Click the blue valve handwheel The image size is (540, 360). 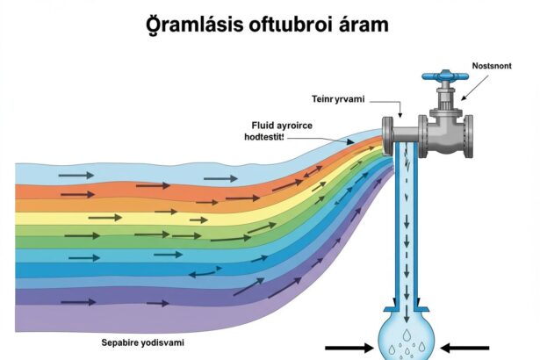(445, 76)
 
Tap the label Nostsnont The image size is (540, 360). (492, 66)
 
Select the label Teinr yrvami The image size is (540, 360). (338, 99)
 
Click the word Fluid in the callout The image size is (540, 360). (263, 125)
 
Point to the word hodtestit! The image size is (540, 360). (264, 137)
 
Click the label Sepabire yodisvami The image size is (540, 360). (142, 342)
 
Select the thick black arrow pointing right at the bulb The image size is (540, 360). (349, 348)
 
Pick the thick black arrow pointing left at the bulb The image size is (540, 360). (464, 348)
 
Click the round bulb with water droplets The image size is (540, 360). (407, 341)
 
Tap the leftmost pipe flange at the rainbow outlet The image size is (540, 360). (387, 136)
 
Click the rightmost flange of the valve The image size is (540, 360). (468, 136)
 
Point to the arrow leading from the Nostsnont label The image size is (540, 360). (474, 88)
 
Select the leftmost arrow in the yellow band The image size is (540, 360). (105, 218)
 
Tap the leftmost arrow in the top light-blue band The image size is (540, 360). (76, 176)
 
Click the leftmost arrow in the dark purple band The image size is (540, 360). (78, 302)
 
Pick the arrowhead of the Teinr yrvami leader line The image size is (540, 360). (400, 115)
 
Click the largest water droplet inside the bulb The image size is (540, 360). (407, 335)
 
